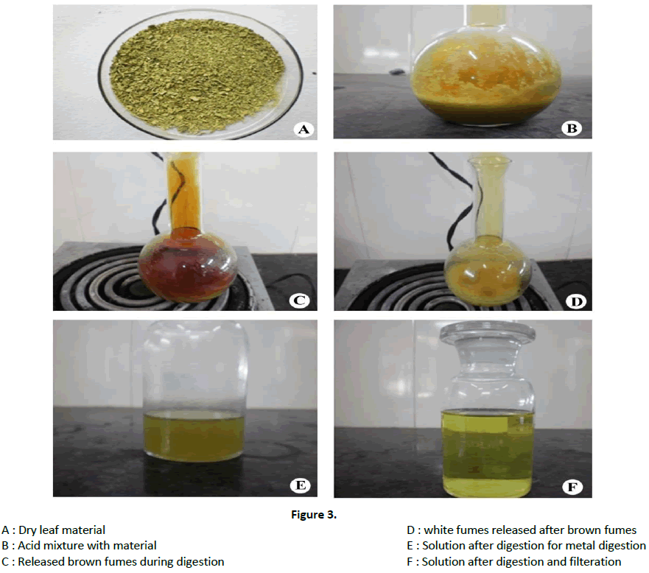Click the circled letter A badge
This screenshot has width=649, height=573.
coord(304,129)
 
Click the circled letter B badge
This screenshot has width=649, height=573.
coord(572,128)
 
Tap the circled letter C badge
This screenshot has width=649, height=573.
coord(299,300)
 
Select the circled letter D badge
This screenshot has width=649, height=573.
coord(576,302)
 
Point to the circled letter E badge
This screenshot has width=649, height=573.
coord(301,485)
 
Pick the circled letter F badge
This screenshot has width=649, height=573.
coord(572,487)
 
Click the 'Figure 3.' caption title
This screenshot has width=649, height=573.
coord(314,515)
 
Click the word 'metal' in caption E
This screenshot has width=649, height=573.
coord(580,545)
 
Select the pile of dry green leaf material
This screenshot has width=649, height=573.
coord(197,75)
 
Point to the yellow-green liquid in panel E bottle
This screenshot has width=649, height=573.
coord(194,437)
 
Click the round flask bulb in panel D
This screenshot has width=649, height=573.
coord(488,271)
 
